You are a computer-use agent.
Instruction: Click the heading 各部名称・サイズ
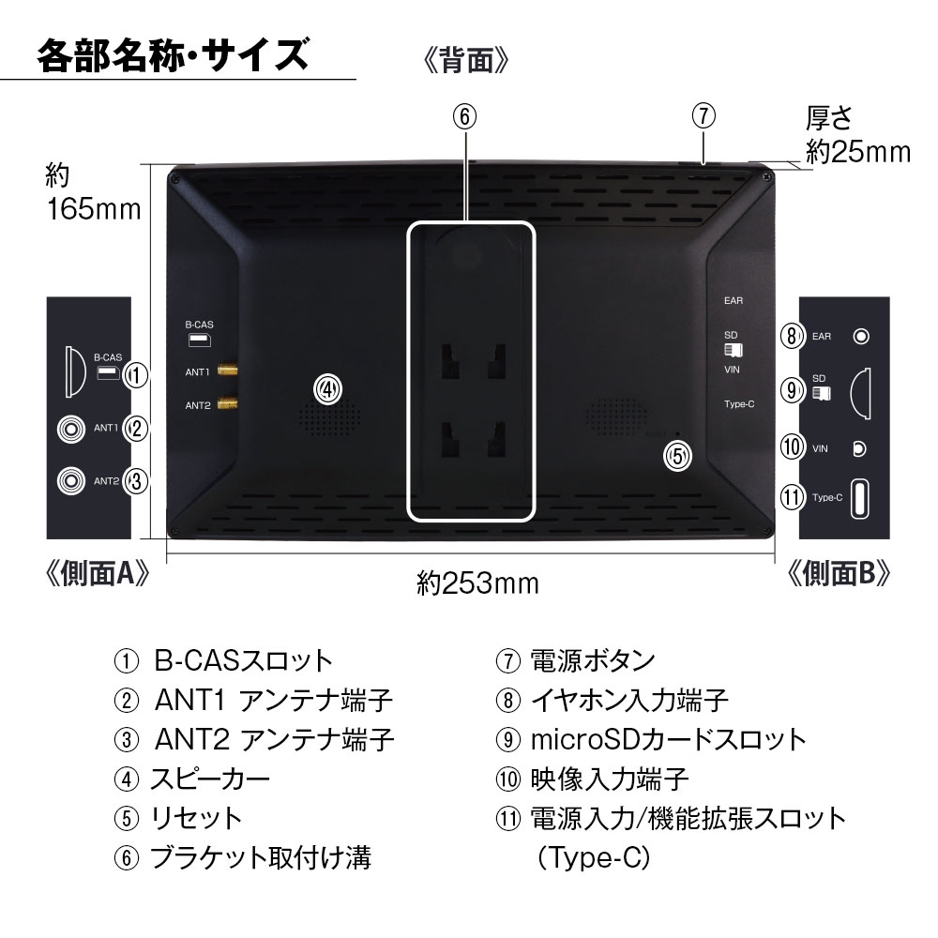174,55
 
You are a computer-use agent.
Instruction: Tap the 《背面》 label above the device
465,60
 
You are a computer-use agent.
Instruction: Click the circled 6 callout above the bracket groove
465,116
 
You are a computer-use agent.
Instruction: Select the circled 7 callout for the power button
703,115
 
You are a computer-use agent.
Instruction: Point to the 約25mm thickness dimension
858,152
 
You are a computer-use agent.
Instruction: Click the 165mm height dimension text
94,209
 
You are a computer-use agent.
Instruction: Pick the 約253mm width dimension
477,583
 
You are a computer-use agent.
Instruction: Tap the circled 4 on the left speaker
327,389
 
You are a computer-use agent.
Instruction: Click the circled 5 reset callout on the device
678,457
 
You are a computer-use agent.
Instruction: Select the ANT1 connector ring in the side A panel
71,429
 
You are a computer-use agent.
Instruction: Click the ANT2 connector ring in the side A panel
71,480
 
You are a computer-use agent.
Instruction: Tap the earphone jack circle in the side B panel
861,336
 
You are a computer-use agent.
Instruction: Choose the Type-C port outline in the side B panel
859,498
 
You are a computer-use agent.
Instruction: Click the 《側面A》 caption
97,574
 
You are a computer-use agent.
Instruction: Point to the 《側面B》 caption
839,574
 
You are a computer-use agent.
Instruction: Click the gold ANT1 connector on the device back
228,371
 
